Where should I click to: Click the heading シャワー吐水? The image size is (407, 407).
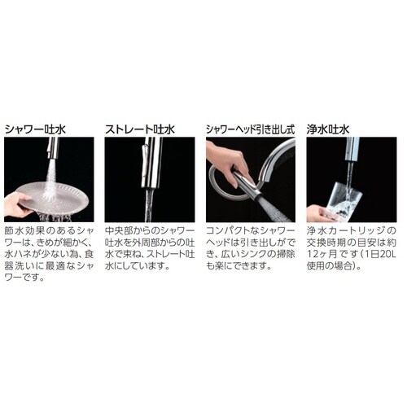tap(36, 129)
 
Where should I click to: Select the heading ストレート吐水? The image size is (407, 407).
tap(140, 129)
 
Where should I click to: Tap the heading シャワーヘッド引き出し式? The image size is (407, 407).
tap(251, 129)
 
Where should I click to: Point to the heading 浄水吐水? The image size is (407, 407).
tap(328, 129)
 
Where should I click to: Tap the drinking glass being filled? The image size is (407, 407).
tap(346, 200)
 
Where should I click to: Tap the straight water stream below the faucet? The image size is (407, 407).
tap(150, 205)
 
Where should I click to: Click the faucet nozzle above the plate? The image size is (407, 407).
tap(53, 148)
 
